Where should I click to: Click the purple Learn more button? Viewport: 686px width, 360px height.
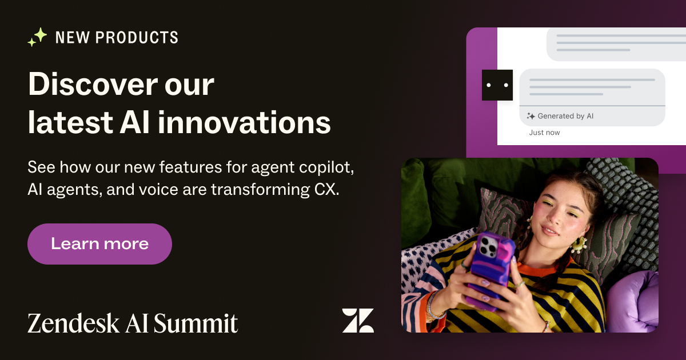coord(99,243)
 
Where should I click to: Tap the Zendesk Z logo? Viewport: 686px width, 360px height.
coord(358,320)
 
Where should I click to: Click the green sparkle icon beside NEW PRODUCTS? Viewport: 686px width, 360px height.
coord(37,37)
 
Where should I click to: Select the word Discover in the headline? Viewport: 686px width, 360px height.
coord(93,84)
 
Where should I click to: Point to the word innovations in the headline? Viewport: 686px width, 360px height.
coord(244,123)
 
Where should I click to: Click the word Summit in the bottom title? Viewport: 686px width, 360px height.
coord(196,323)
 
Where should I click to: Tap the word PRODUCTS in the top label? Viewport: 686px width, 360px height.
coord(137,37)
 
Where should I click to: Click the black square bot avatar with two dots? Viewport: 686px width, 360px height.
coord(497,85)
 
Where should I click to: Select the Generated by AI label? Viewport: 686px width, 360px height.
coord(565,116)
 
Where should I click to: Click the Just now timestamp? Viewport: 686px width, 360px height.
coord(544,133)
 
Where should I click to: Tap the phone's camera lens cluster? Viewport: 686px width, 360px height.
coord(488,245)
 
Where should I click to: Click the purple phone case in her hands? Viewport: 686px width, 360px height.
coord(490,269)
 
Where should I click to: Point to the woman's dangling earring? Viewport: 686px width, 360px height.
coord(579,245)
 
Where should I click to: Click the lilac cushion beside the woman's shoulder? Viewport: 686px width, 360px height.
coord(632,302)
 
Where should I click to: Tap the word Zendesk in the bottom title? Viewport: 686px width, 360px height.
coord(73,323)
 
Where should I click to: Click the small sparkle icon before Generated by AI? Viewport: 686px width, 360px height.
coord(531,116)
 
